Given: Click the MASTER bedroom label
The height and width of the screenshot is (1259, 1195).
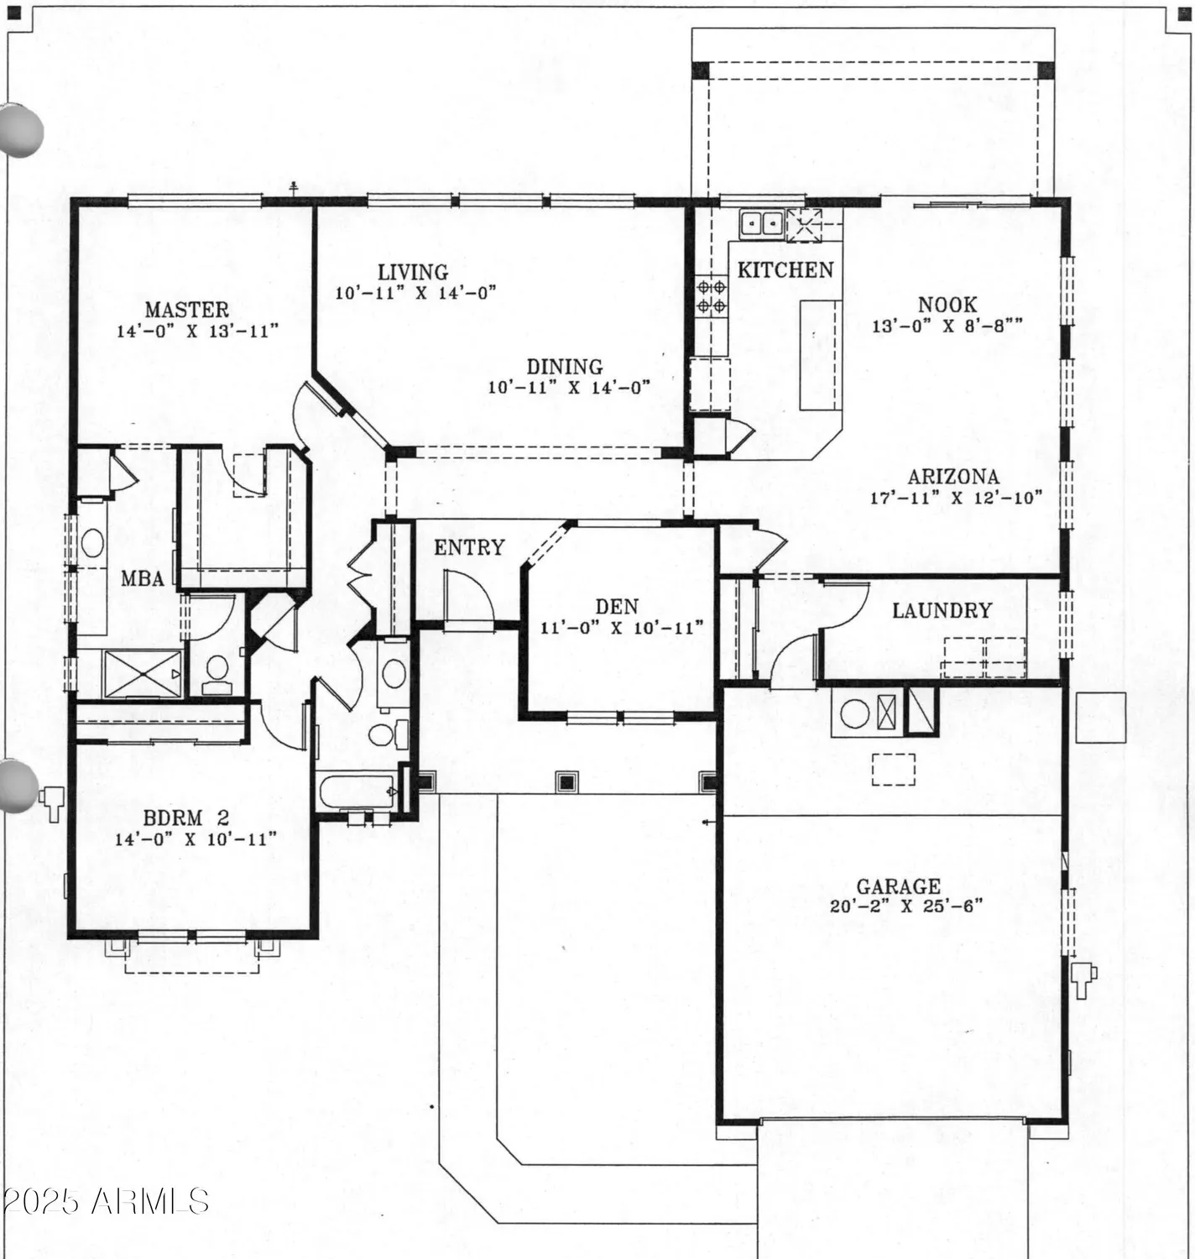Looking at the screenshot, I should (186, 310).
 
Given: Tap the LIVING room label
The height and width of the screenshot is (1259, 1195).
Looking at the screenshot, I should (412, 272).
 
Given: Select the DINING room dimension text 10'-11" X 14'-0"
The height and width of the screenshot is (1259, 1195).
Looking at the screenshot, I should (569, 388).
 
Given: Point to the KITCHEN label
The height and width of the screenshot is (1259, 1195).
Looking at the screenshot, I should (785, 269).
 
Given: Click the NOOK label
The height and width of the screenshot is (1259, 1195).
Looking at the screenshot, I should (947, 305).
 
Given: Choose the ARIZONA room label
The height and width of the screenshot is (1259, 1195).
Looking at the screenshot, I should (953, 477).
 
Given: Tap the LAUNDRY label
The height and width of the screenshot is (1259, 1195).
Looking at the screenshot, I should (942, 610).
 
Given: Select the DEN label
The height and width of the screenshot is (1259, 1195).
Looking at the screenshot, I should (617, 606).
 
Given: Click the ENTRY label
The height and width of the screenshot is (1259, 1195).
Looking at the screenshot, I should (469, 547).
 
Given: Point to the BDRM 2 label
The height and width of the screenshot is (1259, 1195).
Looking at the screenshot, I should (185, 818).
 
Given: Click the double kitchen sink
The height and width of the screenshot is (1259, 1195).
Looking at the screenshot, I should (761, 223).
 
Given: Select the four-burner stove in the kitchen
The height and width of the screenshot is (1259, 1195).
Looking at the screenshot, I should (712, 296).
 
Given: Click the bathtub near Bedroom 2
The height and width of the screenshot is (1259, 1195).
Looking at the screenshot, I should (356, 791).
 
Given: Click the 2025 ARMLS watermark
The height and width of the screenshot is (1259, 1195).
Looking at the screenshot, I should (105, 1201).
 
